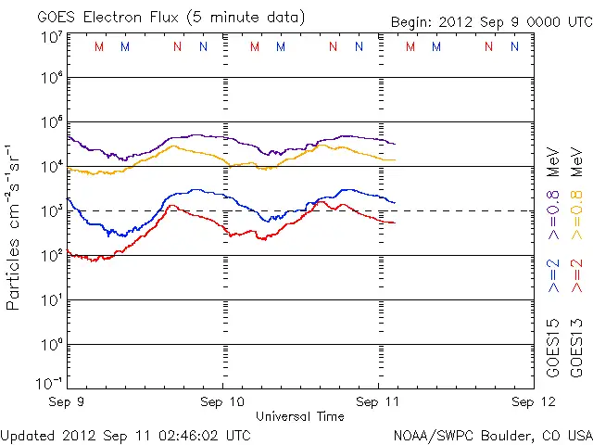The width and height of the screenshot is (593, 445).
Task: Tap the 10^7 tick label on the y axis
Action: tap(51, 37)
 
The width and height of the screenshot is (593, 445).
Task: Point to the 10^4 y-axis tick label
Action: tap(51, 167)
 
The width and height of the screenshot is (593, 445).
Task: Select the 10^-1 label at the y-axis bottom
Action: tap(49, 382)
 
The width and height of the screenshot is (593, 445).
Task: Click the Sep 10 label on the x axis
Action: tap(222, 402)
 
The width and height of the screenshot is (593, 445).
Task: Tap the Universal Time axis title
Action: tap(299, 416)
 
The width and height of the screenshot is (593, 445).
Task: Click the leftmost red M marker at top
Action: tap(99, 46)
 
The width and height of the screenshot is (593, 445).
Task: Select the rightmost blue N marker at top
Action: tap(514, 46)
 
